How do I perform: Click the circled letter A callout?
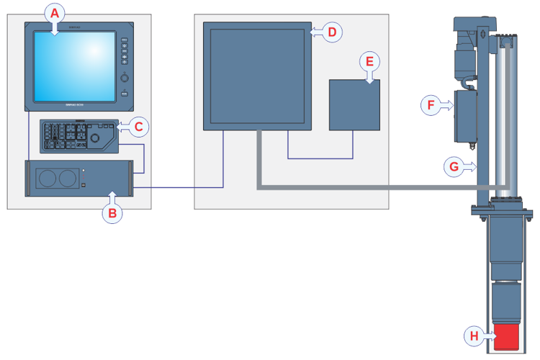(53, 12)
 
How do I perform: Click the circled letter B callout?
(111, 212)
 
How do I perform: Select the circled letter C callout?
(139, 127)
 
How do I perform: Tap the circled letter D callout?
(331, 32)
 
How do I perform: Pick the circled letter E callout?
(369, 61)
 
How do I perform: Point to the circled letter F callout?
(431, 105)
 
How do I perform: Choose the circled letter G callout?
(453, 167)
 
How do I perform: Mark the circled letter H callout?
(474, 336)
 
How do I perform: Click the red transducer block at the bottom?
(508, 336)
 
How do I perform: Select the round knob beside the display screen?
(125, 77)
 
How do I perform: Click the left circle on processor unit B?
(48, 178)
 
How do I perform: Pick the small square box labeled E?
(354, 104)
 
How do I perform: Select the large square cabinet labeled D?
(256, 76)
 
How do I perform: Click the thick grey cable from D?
(360, 187)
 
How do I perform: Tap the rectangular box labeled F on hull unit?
(464, 115)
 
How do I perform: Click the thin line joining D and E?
(320, 158)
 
